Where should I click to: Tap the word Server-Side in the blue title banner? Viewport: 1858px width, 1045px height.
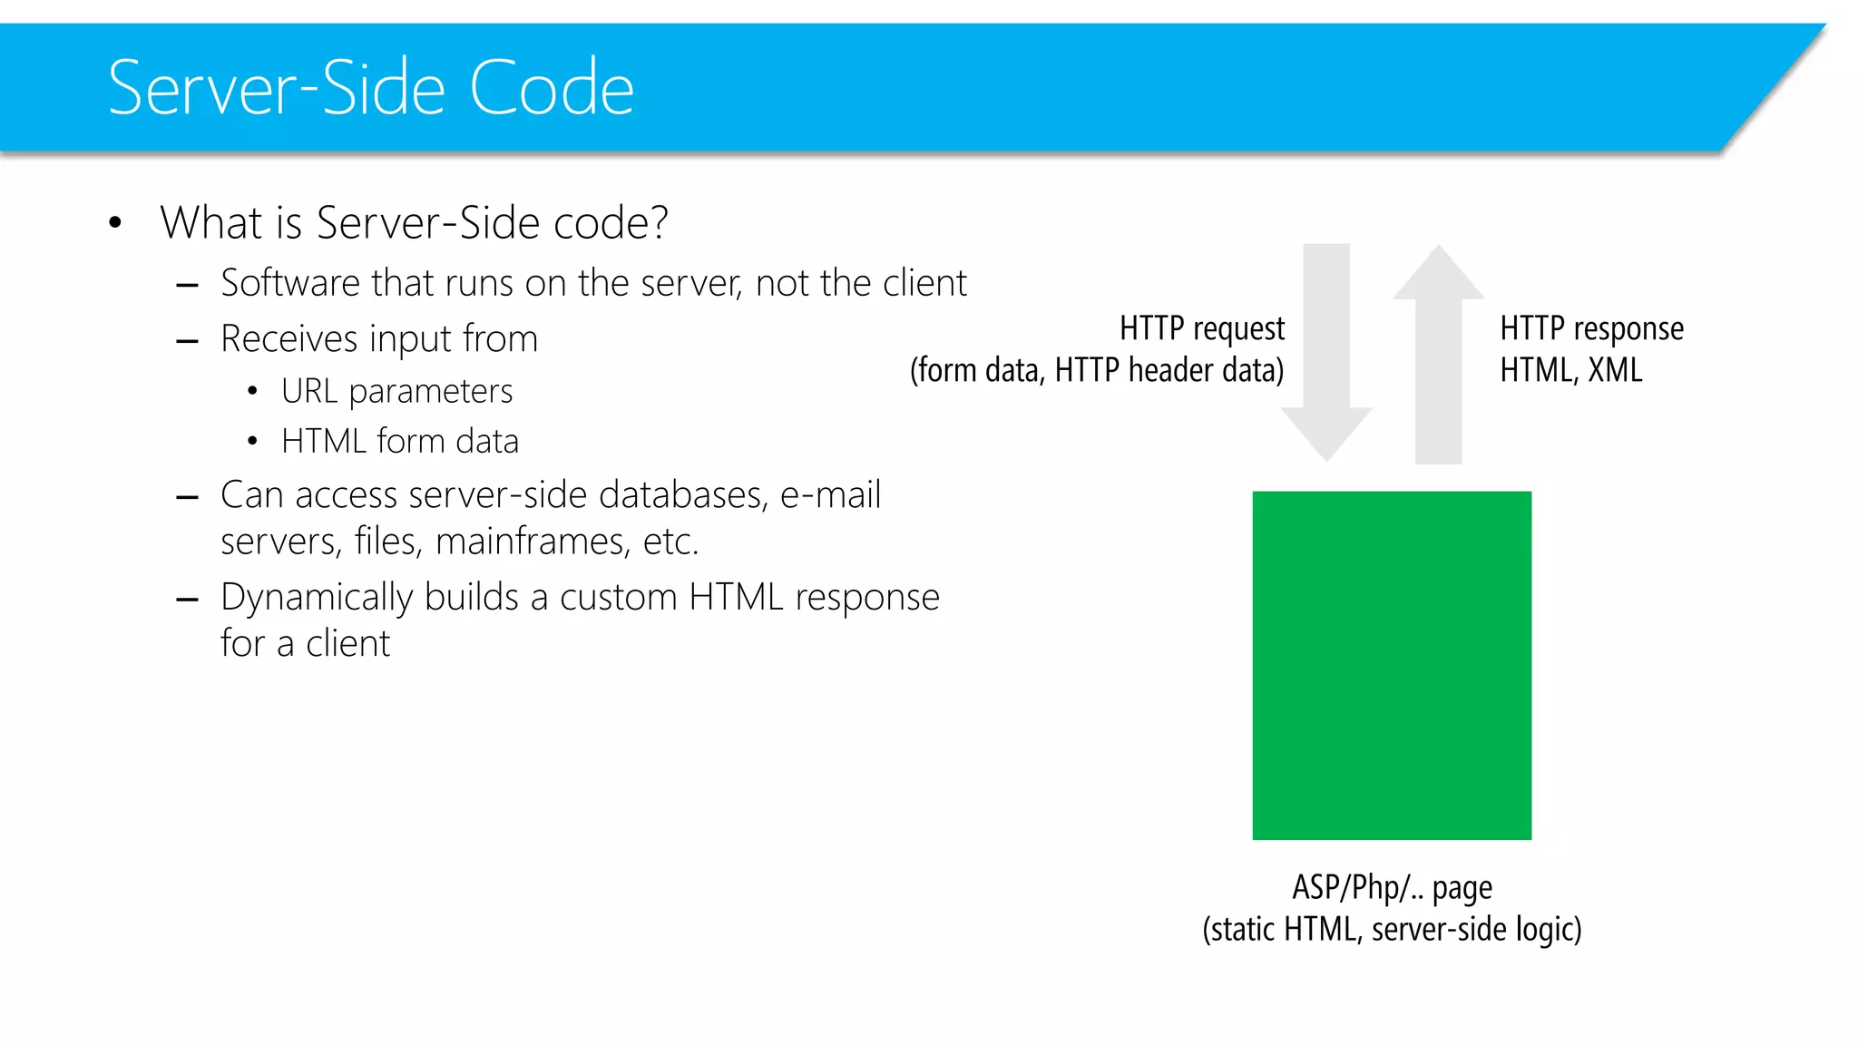tap(277, 88)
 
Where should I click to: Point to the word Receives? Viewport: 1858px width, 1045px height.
tap(289, 339)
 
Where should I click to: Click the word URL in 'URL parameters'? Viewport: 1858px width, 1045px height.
tap(309, 391)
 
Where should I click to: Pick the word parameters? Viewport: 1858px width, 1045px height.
tap(431, 392)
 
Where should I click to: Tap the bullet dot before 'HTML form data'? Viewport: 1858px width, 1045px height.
tap(252, 442)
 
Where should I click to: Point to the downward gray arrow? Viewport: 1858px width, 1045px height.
tap(1326, 354)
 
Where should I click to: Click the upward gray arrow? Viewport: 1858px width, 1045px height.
tap(1439, 354)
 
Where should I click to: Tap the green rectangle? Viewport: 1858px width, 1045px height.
tap(1392, 665)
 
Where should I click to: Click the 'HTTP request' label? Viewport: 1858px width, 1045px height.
tap(1201, 328)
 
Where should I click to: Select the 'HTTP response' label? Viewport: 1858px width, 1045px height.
tap(1591, 328)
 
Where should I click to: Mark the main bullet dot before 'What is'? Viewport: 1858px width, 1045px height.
tap(115, 223)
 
